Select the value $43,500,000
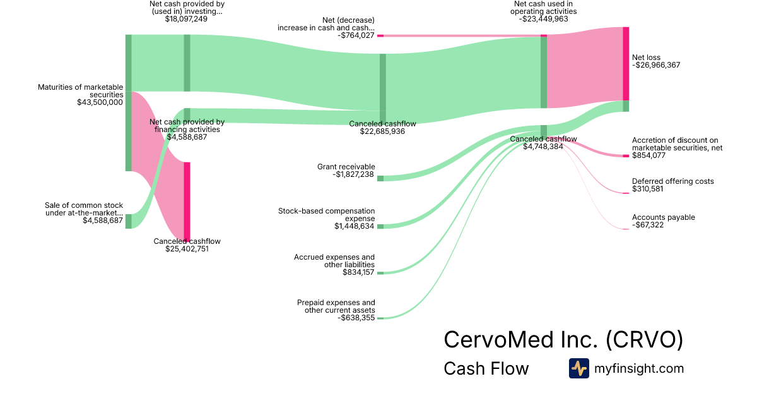(100, 102)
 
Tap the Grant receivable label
(346, 167)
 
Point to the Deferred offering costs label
(673, 181)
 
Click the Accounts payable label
(663, 217)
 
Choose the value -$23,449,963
(544, 19)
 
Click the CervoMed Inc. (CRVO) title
(563, 339)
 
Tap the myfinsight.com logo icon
(578, 368)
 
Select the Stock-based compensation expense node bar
(380, 226)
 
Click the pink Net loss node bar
(626, 63)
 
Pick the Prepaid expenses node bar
(380, 318)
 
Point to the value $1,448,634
(355, 226)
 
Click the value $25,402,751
(187, 249)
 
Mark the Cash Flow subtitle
(486, 368)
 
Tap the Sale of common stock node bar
(129, 221)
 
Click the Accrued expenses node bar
(380, 273)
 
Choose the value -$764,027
(356, 35)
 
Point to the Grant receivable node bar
(380, 178)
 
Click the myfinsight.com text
(639, 368)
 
